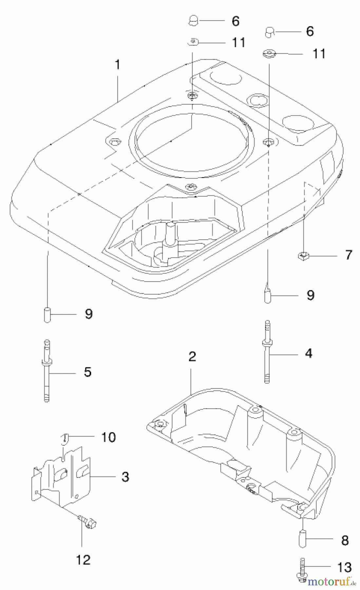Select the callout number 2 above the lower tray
tap(192, 356)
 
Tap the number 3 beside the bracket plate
tap(125, 477)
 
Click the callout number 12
tap(83, 560)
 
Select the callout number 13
tap(344, 567)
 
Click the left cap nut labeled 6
tap(194, 21)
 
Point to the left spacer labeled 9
tap(47, 315)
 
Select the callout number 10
tap(108, 437)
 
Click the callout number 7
tap(349, 255)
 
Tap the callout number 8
tap(345, 541)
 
